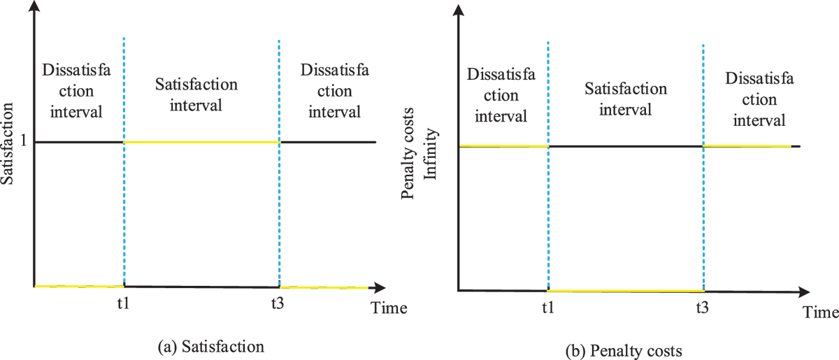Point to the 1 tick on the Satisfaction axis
click(22, 142)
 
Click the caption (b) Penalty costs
click(624, 349)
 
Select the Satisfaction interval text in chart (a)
click(198, 95)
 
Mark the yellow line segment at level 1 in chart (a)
click(201, 142)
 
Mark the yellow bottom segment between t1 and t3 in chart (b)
click(625, 290)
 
